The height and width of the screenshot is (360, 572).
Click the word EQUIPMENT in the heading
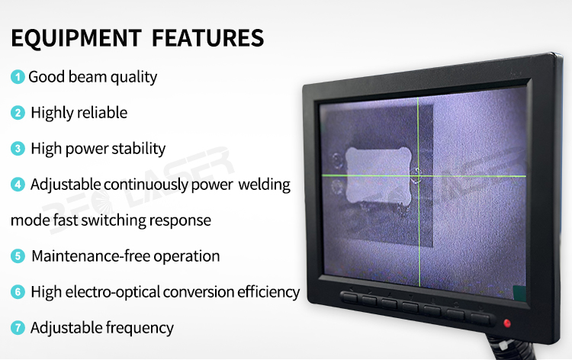(76, 38)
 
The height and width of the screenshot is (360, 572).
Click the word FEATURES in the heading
(207, 38)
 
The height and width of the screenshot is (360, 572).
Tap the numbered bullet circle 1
(18, 76)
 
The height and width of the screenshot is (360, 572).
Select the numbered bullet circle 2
(18, 113)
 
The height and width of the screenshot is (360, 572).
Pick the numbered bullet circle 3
(18, 149)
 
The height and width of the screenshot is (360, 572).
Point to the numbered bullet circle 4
(18, 184)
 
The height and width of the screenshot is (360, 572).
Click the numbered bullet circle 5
(18, 256)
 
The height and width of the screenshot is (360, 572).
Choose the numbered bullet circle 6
(18, 292)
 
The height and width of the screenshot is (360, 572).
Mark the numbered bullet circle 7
(18, 327)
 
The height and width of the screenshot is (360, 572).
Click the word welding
(265, 185)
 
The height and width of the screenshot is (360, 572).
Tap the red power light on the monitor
(506, 323)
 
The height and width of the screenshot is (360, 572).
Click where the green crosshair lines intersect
(419, 176)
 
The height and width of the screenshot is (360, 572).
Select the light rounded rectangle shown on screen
(378, 175)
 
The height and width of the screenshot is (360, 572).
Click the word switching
(114, 220)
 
